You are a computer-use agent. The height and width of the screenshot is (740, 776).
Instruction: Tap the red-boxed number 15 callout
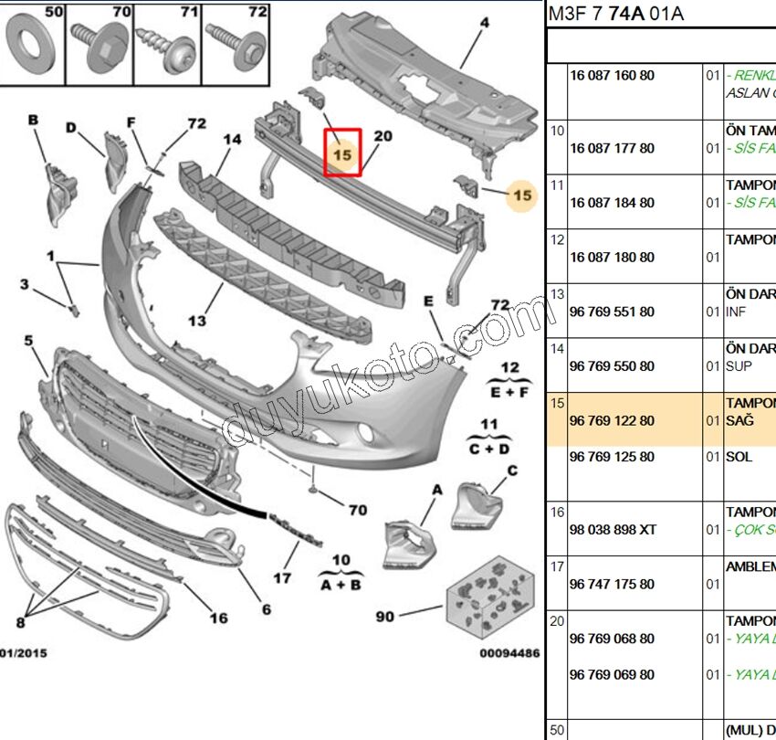point(342,154)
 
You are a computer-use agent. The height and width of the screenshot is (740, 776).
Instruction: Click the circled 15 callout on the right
point(522,195)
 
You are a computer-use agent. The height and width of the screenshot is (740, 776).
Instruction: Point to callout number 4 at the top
point(484,22)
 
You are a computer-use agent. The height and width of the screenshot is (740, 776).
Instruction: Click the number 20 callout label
point(383,136)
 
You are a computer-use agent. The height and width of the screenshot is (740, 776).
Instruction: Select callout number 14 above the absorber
point(232,140)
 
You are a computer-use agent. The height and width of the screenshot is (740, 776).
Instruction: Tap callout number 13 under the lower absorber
point(198,321)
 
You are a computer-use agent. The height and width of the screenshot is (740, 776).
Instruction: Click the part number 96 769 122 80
point(611,420)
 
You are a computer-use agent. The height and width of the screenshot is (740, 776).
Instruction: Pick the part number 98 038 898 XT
point(611,530)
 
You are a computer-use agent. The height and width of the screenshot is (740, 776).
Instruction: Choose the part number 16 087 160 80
point(611,75)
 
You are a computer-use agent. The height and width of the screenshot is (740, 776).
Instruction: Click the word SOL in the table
point(739,457)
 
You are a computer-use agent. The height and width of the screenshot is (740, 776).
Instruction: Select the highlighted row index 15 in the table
point(557,403)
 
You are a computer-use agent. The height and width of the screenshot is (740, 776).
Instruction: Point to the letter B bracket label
point(34,120)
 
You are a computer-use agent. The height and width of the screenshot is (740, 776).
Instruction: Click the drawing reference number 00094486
point(509,653)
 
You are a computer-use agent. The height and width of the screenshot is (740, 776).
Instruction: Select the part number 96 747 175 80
point(611,584)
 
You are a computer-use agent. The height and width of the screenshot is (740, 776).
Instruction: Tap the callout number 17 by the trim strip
point(282,577)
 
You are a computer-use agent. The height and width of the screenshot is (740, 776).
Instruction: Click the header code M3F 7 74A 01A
point(615,14)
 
